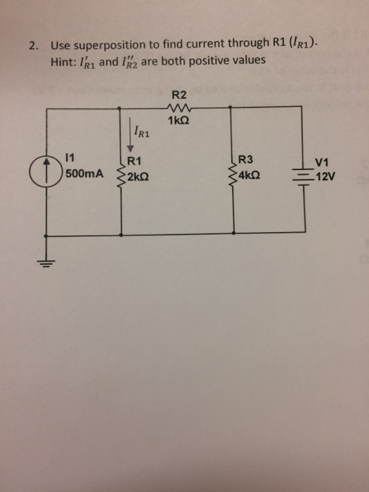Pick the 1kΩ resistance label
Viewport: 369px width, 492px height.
[x=178, y=121]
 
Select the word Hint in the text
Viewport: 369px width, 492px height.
[x=63, y=61]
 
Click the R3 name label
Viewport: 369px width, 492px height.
[x=247, y=160]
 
